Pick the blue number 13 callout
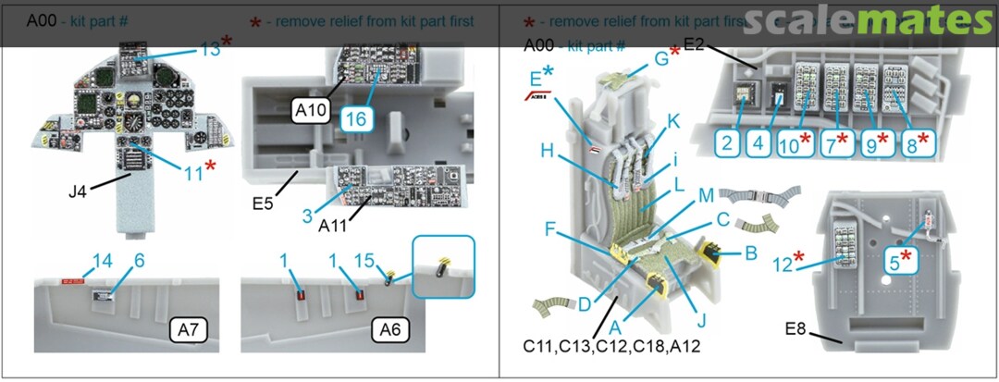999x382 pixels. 210,50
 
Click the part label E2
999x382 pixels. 695,43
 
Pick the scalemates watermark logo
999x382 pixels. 866,19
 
